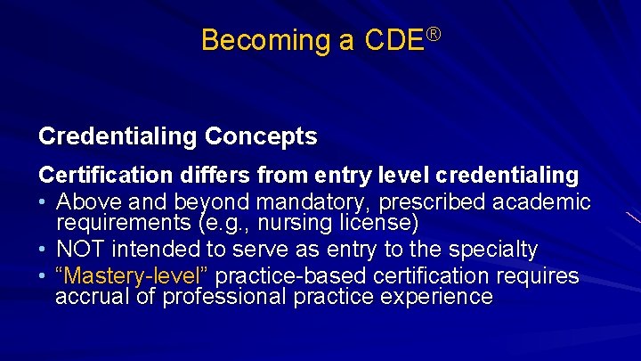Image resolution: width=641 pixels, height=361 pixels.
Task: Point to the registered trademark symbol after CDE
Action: [434, 34]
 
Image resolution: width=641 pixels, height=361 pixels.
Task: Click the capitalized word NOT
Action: [85, 250]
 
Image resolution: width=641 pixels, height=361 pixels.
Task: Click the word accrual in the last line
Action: [89, 297]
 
